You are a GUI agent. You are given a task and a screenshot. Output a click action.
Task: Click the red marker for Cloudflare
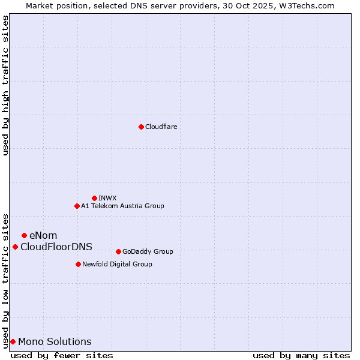click(141, 127)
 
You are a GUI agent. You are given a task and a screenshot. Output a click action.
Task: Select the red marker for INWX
click(94, 198)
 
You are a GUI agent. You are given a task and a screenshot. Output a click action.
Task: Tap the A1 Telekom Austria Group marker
click(77, 206)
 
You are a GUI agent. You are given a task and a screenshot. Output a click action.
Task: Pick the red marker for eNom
click(24, 235)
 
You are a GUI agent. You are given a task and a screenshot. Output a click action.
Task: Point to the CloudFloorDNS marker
click(15, 247)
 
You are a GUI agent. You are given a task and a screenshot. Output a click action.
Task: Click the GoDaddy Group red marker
click(118, 251)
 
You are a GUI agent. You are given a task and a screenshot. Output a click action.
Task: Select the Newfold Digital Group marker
click(78, 264)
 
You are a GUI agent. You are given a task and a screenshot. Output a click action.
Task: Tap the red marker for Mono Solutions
click(13, 341)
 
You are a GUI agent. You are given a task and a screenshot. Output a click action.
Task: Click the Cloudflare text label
click(161, 127)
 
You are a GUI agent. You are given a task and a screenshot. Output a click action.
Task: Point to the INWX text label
click(108, 198)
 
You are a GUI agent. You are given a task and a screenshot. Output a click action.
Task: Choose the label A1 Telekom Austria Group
click(122, 206)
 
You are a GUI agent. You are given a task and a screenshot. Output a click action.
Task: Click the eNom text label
click(43, 235)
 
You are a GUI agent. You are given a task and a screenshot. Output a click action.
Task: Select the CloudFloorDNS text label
click(56, 247)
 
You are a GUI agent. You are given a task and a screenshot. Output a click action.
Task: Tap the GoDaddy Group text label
click(148, 251)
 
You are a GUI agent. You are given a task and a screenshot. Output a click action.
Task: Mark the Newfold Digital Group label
click(117, 264)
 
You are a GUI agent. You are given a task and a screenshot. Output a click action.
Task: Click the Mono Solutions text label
click(55, 341)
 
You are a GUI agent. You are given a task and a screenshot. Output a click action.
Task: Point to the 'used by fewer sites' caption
click(62, 355)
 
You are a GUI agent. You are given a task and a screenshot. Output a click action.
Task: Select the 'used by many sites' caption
click(301, 355)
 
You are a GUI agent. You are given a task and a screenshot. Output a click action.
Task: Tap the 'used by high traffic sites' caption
click(6, 85)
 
